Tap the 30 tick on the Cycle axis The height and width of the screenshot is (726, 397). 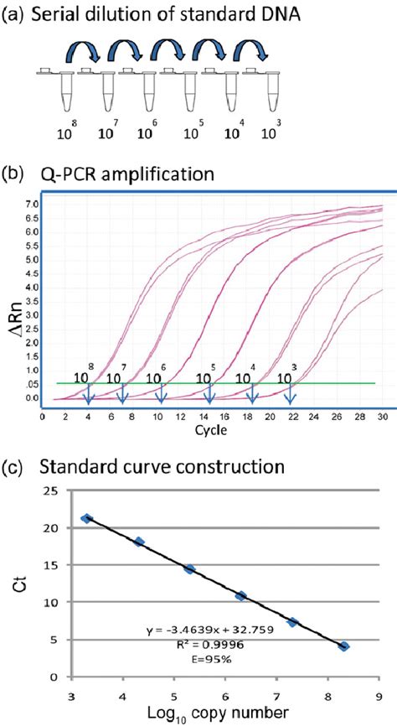(x=382, y=416)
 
